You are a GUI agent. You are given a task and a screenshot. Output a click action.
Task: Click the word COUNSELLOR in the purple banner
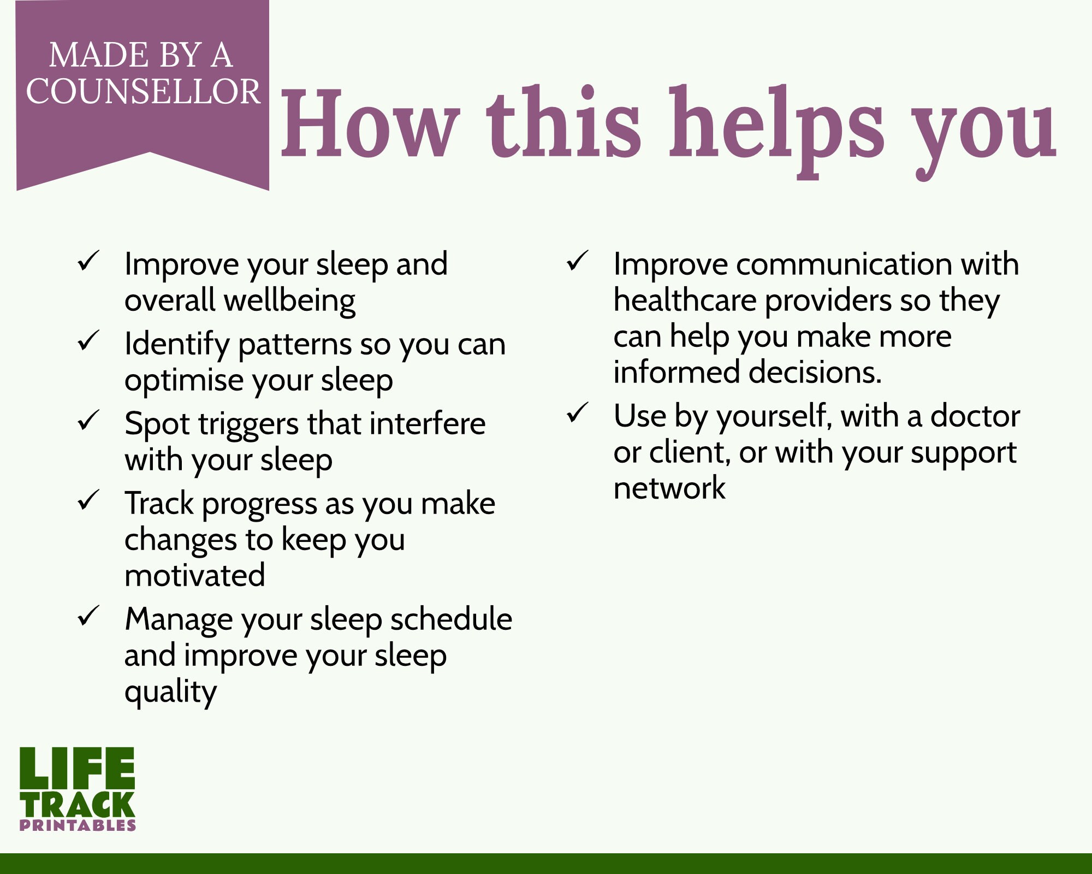(143, 91)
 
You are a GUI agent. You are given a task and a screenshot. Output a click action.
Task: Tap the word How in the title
(369, 124)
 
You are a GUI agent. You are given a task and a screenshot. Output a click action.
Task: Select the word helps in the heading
(776, 131)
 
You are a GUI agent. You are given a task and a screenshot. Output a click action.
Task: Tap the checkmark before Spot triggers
(88, 420)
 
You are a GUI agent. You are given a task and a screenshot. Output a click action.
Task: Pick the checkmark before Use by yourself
(577, 412)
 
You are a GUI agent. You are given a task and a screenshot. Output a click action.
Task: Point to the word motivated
(195, 575)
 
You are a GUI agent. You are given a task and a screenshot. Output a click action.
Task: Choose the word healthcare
(685, 300)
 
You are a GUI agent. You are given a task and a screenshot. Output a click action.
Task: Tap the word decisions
(815, 372)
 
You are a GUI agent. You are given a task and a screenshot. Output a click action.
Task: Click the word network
(669, 488)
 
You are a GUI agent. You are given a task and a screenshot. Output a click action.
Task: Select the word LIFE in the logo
(77, 768)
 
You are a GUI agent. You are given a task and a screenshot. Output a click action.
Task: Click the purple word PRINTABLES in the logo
(78, 825)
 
